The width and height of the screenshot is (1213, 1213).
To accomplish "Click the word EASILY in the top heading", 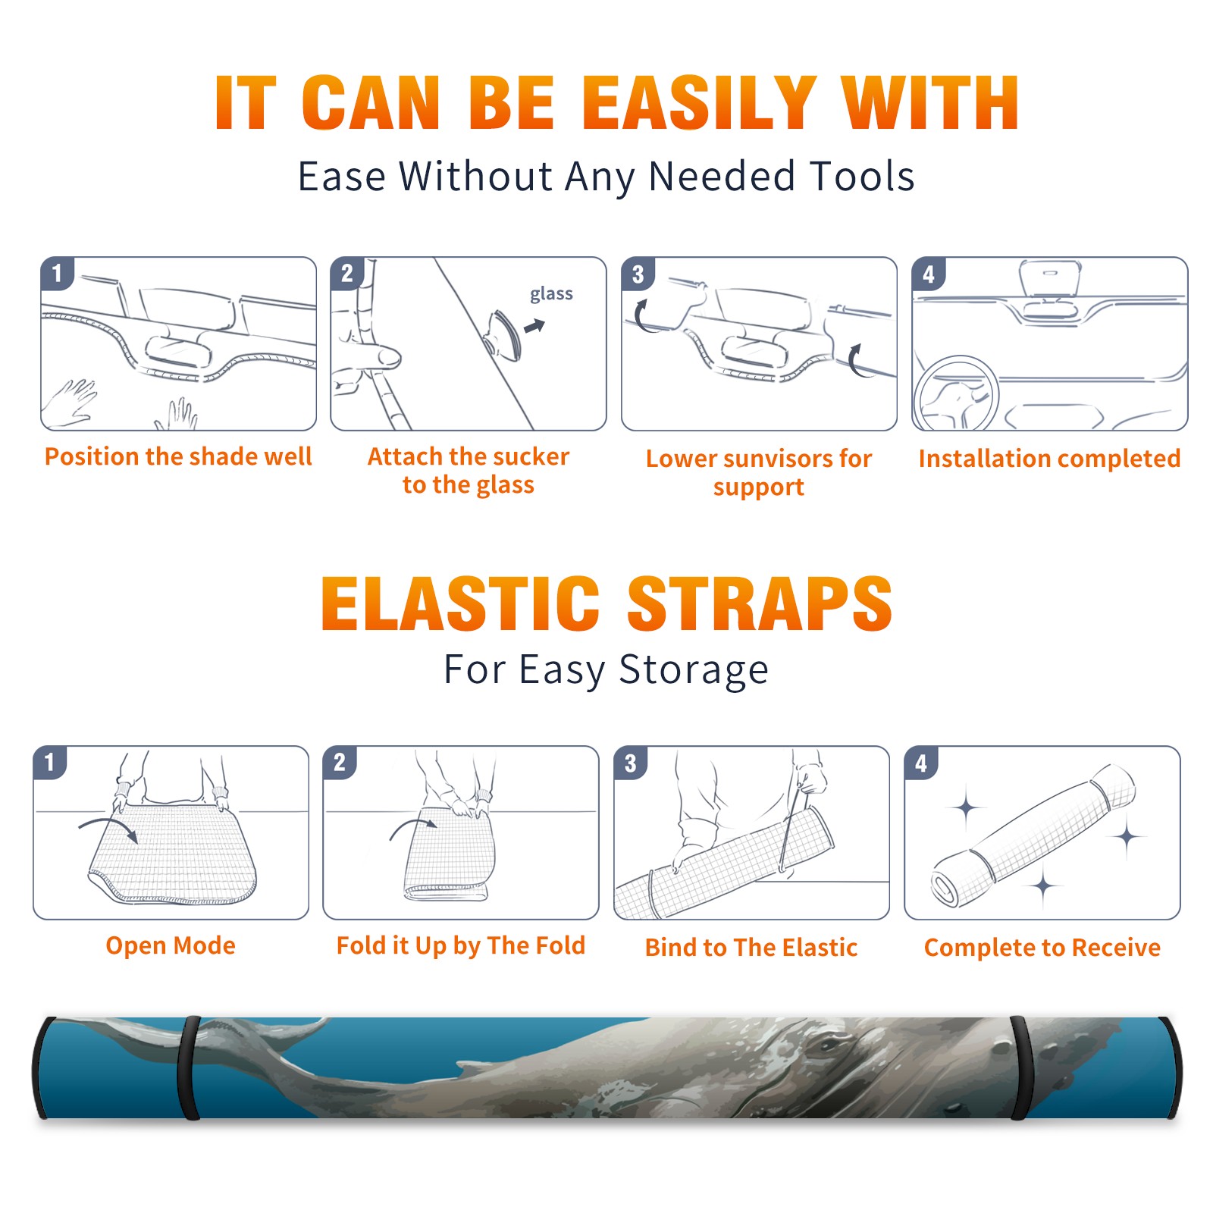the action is point(700,103).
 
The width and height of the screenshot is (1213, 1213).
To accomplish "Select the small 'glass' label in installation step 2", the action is point(551,294).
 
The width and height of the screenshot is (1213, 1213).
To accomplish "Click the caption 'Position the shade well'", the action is point(178,456).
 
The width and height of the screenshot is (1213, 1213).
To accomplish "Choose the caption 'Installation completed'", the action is point(1049,458).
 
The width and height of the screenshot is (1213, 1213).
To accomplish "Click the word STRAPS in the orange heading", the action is point(760,603).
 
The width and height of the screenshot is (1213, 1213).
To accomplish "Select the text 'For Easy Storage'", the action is point(606,669).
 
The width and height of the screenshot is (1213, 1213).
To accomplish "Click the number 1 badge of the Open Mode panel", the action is point(50,762).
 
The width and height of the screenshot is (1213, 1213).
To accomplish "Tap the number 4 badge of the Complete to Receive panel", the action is point(921,763).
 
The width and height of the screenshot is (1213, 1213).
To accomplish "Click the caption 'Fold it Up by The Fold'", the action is point(461,945).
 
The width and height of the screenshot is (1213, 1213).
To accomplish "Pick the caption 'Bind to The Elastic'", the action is point(751,948).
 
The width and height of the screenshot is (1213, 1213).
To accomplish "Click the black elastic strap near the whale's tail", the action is point(190,1067).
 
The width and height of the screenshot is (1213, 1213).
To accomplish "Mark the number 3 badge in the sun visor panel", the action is point(638,274).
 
